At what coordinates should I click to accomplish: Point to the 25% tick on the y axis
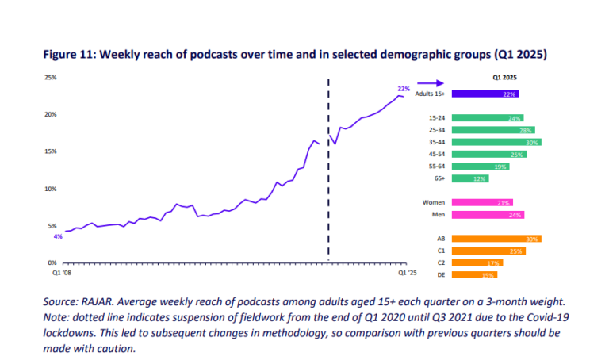[x=50, y=77]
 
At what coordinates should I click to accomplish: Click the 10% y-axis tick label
[x=50, y=189]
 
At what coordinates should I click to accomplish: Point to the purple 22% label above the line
[x=403, y=88]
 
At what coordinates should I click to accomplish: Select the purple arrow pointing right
[x=430, y=82]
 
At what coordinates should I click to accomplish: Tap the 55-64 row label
[x=437, y=167]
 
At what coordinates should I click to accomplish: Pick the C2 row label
[x=440, y=262]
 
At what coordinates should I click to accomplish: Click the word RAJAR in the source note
[x=99, y=302]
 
